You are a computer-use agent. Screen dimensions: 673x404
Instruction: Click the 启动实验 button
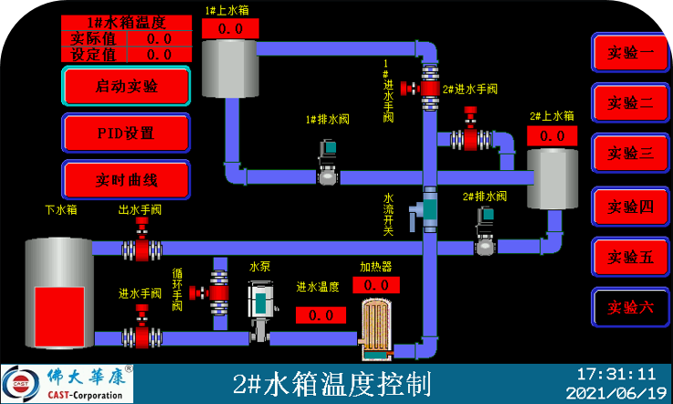126,86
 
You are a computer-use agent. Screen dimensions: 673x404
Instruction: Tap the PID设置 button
126,133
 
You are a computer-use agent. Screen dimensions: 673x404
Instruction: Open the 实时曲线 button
126,180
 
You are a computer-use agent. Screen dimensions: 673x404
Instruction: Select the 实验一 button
630,52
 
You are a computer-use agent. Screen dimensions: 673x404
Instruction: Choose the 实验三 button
630,153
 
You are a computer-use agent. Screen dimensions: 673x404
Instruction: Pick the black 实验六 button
630,307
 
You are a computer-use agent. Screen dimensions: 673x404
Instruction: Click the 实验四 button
630,207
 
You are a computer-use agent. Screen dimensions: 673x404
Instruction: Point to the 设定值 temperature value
159,55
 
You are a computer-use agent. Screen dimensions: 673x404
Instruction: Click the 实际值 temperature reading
159,38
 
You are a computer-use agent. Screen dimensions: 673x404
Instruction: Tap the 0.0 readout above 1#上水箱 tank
230,29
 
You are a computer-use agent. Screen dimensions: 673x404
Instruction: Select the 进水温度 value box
321,315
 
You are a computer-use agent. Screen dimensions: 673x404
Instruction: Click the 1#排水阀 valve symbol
328,162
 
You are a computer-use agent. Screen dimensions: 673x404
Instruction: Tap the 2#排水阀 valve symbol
486,231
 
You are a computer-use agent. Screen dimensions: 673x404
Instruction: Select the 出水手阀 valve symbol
142,239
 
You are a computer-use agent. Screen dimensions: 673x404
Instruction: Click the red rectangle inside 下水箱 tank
59,317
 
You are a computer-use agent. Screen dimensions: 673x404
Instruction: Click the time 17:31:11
616,374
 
